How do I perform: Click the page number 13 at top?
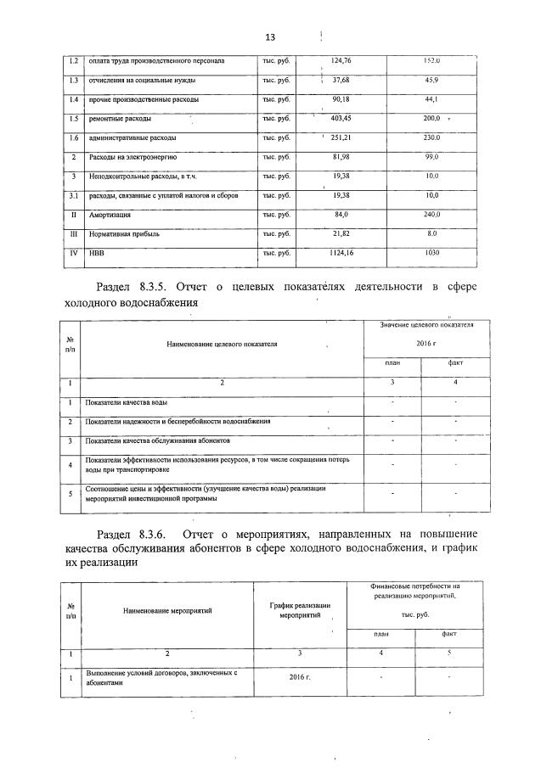271,38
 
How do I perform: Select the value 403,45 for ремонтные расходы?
341,119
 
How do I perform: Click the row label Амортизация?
110,215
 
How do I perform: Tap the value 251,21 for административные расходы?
341,138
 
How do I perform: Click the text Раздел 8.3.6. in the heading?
134,535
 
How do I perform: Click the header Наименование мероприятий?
166,609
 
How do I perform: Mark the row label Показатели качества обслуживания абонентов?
158,441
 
